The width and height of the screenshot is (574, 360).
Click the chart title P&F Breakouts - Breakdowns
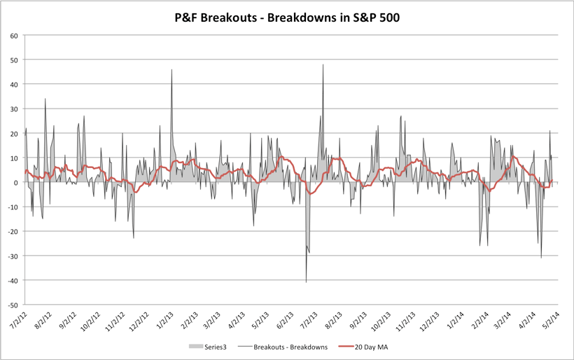(x=287, y=18)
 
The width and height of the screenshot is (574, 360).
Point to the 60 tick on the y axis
(x=15, y=35)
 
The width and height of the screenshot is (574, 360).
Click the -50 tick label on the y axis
(x=13, y=305)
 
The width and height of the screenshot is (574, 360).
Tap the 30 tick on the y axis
(x=15, y=109)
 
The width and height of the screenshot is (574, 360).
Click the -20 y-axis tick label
(x=13, y=232)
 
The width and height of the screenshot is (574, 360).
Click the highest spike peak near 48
(x=323, y=64)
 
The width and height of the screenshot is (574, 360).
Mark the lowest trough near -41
(x=306, y=282)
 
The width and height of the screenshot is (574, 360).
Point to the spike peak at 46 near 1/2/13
(x=171, y=69)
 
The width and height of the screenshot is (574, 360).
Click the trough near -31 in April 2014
(x=541, y=258)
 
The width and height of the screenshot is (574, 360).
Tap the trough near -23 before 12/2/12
(x=134, y=238)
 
